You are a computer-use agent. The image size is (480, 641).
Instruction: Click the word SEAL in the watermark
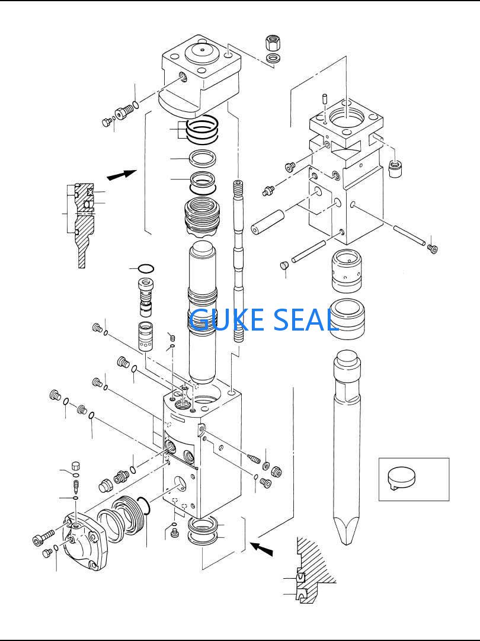pyautogui.click(x=305, y=319)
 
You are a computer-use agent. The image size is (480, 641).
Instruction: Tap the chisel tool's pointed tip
pyautogui.click(x=347, y=536)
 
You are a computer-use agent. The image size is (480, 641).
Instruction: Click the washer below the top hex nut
pyautogui.click(x=274, y=58)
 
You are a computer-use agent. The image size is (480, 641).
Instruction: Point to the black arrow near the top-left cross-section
pyautogui.click(x=121, y=174)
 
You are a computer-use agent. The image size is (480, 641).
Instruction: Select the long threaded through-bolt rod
pyautogui.click(x=238, y=261)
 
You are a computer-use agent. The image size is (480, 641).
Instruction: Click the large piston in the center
pyautogui.click(x=202, y=308)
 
